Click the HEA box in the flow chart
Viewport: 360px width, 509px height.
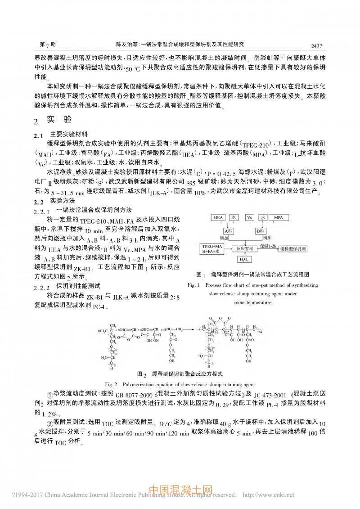coord(218,217)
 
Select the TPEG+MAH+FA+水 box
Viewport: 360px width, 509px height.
coord(212,248)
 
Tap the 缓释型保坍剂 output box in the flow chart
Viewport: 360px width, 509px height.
coord(292,248)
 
